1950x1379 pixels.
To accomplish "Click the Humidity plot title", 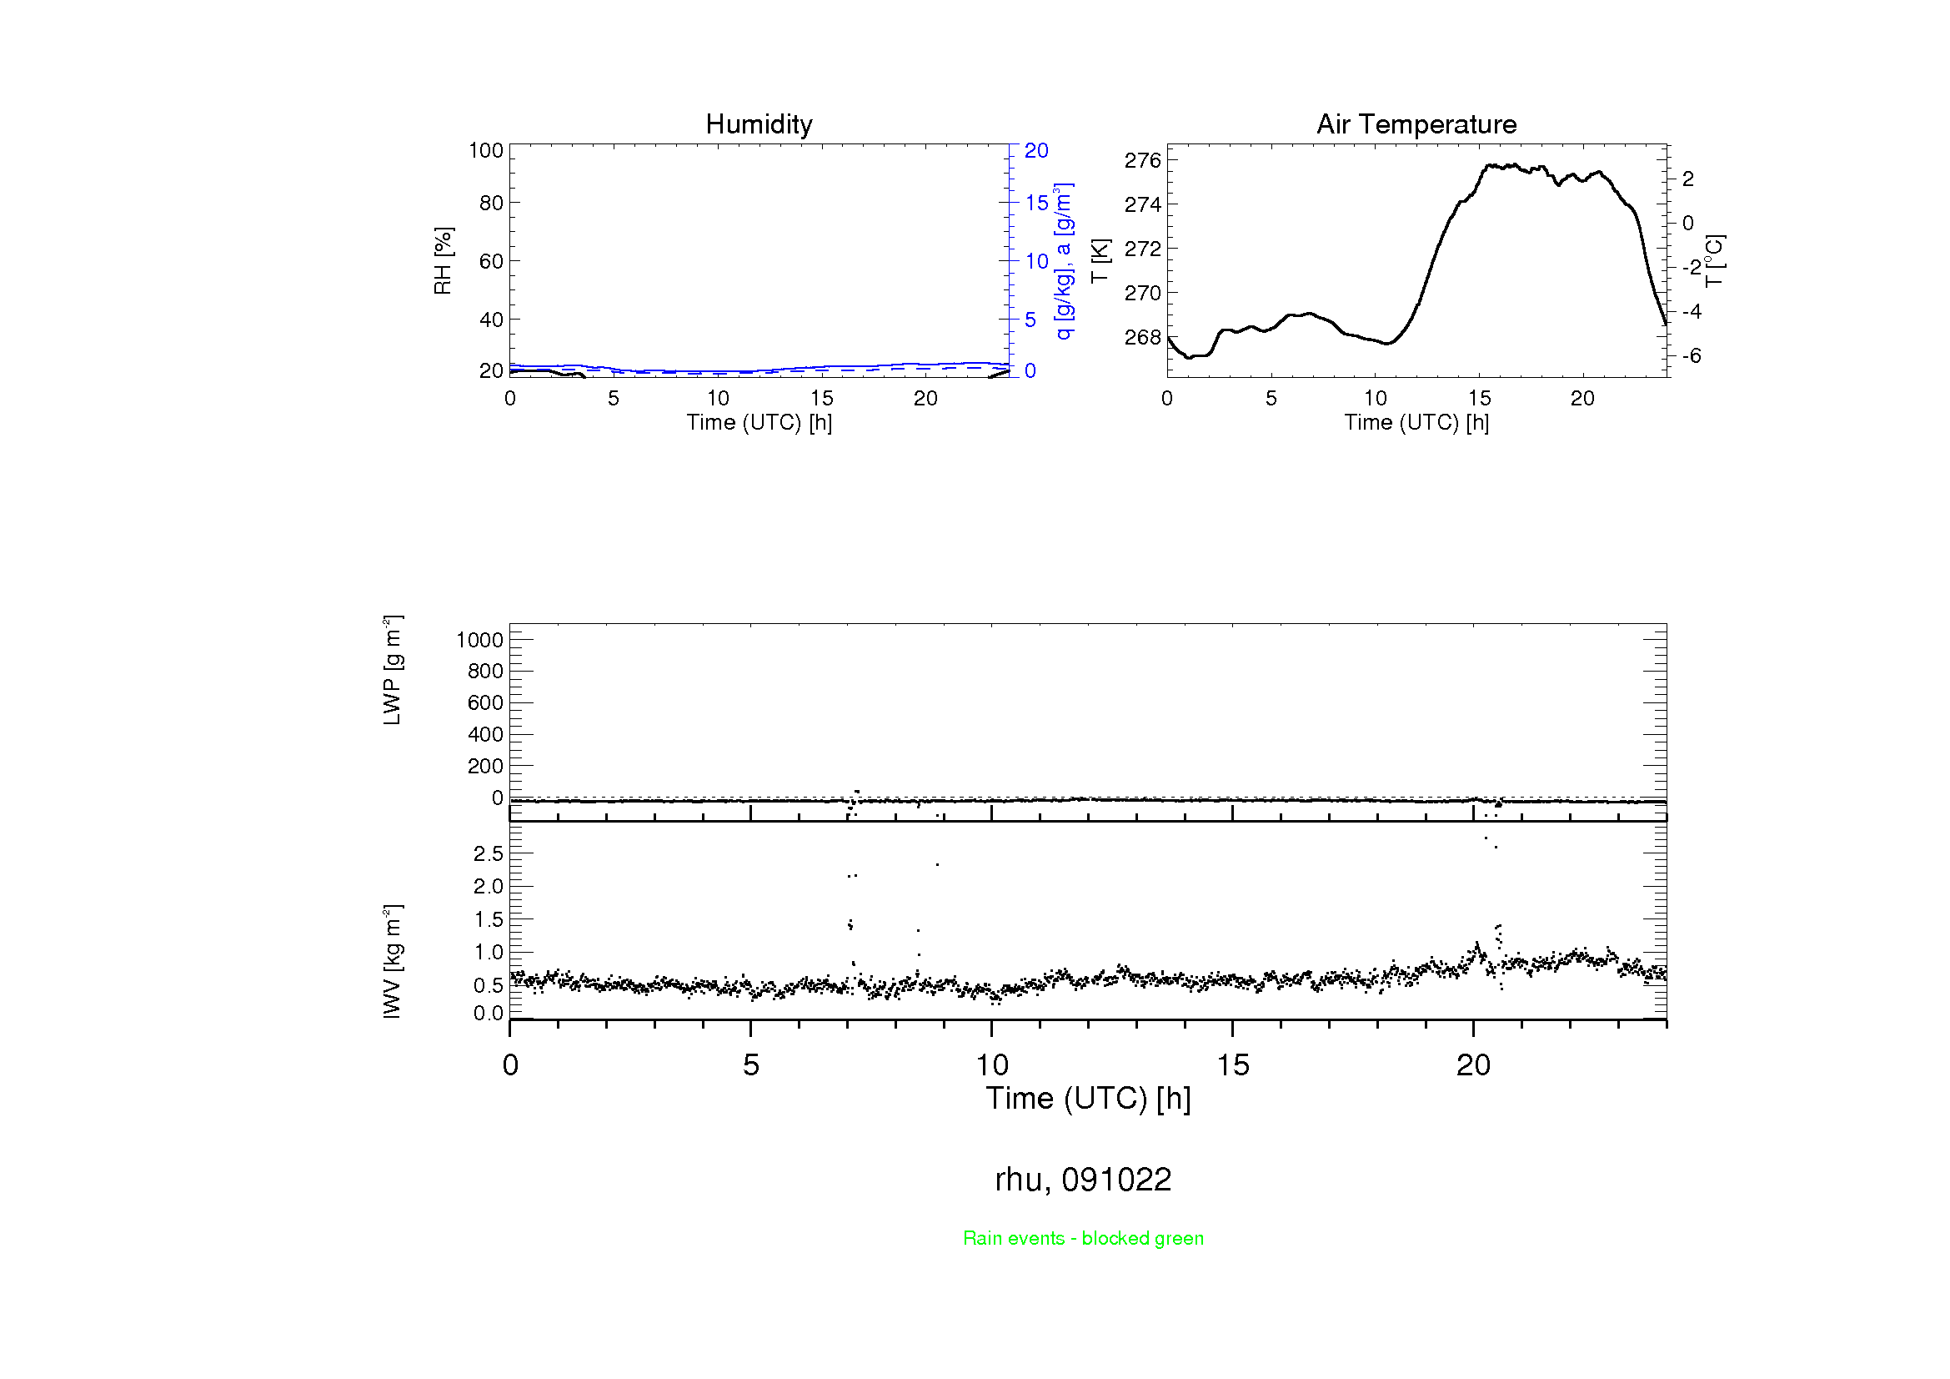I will click(759, 124).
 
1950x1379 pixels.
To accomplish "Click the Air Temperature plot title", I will click(1416, 124).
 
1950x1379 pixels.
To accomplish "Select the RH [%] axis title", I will click(443, 261).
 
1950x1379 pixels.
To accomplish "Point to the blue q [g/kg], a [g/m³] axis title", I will click(1063, 261).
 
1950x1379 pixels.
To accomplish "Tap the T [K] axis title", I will click(1100, 261).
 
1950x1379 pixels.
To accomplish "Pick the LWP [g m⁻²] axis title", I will click(392, 671).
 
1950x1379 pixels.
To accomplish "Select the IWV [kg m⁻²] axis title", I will click(392, 961).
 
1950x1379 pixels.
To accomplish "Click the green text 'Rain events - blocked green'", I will click(1083, 1238).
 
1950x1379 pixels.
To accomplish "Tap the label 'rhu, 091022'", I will click(1083, 1180).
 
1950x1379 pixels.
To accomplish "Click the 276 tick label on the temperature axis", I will click(1142, 160).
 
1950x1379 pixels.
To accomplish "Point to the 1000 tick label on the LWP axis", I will click(480, 640).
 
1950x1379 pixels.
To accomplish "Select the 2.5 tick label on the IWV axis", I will click(489, 854).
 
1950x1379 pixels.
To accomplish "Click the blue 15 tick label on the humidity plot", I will click(1036, 203).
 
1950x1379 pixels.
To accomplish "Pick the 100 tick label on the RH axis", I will click(486, 150).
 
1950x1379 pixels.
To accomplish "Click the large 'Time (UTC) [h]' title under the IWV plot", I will click(1088, 1099).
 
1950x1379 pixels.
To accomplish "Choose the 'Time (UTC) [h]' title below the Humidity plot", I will click(759, 422).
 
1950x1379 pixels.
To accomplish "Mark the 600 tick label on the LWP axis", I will click(485, 702).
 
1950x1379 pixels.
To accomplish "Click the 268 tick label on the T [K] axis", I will click(1142, 337).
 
